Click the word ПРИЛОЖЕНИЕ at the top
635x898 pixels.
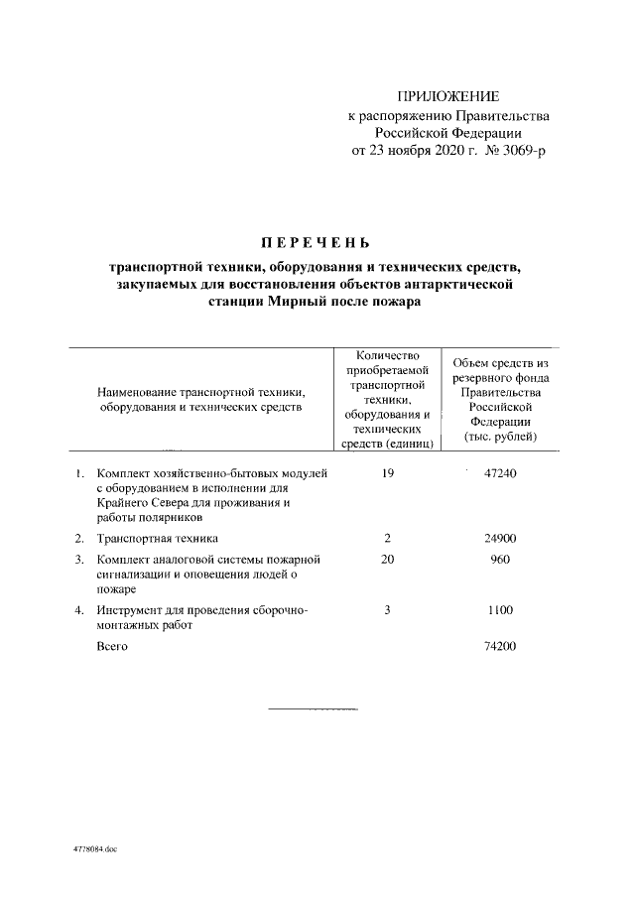pos(447,96)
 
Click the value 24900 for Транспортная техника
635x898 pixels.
pos(499,539)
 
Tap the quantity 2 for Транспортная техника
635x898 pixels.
pos(387,539)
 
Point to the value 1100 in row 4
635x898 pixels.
pos(499,611)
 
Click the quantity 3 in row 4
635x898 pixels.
pos(387,611)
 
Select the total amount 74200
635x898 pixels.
pos(499,646)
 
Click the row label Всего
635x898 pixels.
pos(112,646)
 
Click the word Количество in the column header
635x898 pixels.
pos(388,356)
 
